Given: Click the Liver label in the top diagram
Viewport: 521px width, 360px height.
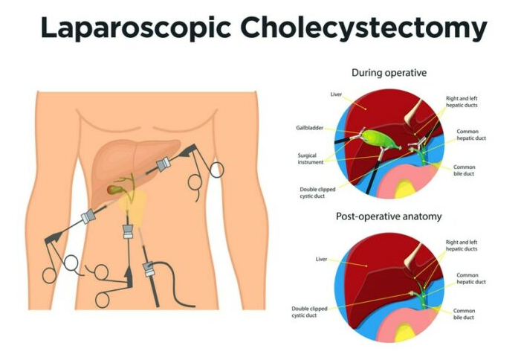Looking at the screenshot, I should [335, 95].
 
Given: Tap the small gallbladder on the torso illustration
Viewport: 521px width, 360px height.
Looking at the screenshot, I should [114, 190].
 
